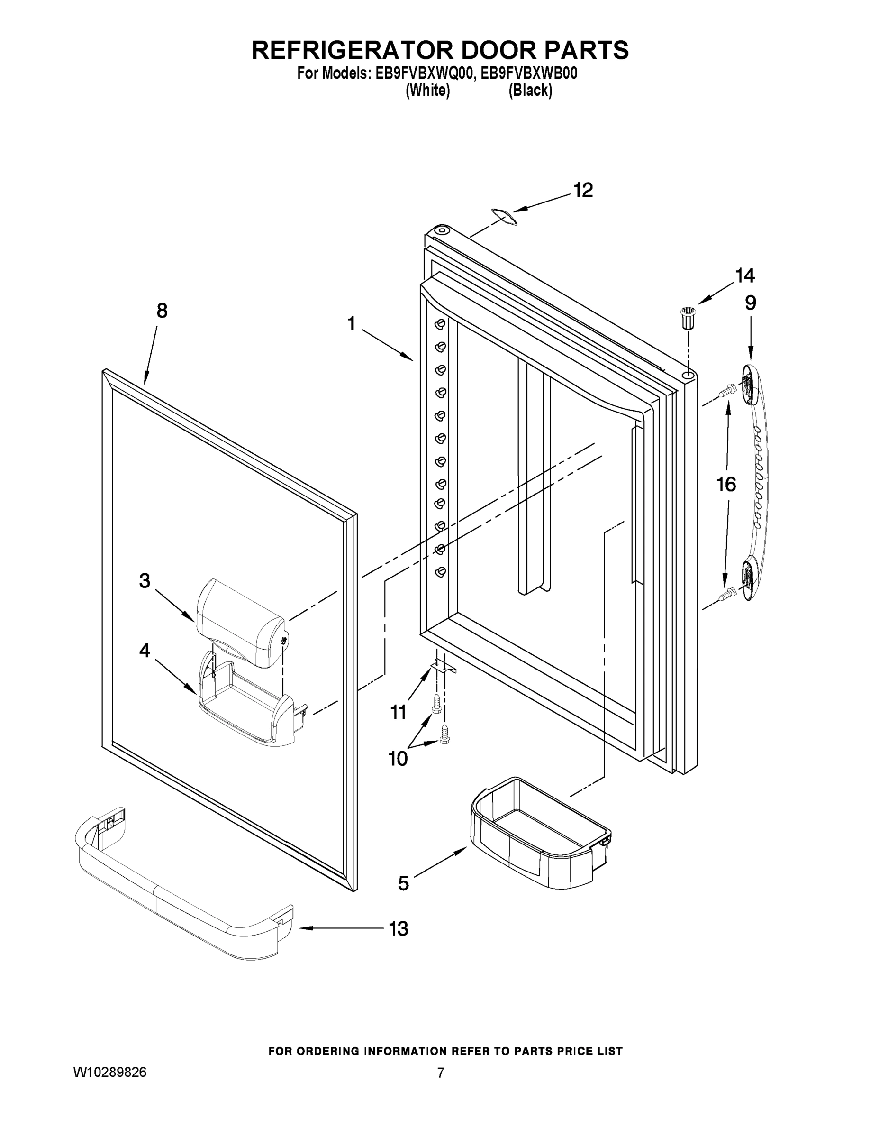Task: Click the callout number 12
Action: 583,190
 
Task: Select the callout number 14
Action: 744,275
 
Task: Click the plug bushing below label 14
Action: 689,317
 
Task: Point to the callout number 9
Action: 751,303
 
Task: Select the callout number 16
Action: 726,485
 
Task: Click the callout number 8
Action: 162,311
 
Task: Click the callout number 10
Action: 398,759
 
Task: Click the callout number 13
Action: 399,928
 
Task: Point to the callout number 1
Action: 352,324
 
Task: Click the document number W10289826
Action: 110,1072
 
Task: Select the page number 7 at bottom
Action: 441,1073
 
